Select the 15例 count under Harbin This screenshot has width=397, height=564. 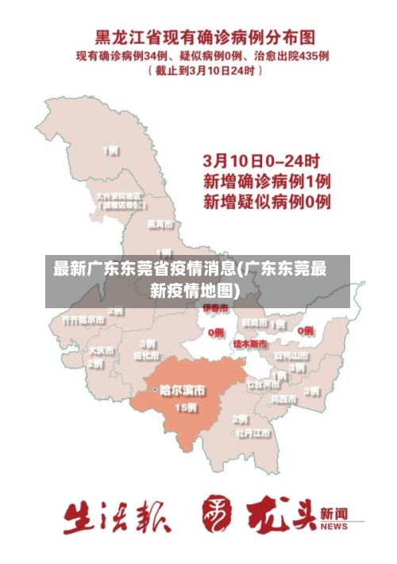coord(186,408)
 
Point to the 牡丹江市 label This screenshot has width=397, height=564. coord(252,434)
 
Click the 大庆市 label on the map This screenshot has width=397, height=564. coord(101,350)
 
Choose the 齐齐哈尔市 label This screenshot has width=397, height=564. coord(83,320)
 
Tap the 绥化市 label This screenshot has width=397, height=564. coord(147,356)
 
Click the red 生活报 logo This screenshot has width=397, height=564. coord(117,516)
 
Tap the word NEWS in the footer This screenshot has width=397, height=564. coord(334,527)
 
